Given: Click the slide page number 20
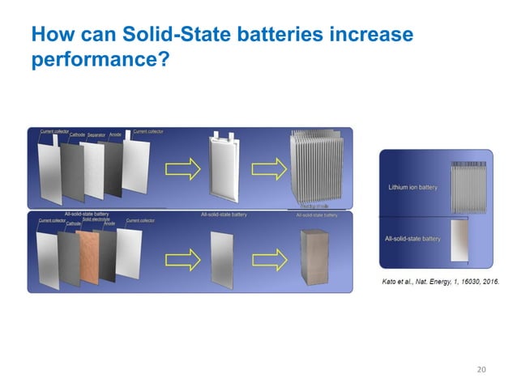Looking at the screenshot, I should [482, 370].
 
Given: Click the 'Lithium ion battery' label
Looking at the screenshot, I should [412, 187].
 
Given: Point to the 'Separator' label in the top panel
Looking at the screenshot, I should [97, 134].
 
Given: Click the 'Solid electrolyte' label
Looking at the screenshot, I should [96, 219].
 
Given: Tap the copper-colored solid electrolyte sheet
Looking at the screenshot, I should [96, 255].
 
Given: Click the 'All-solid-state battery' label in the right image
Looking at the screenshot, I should [412, 239].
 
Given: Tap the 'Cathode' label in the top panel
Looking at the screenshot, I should [78, 134].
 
